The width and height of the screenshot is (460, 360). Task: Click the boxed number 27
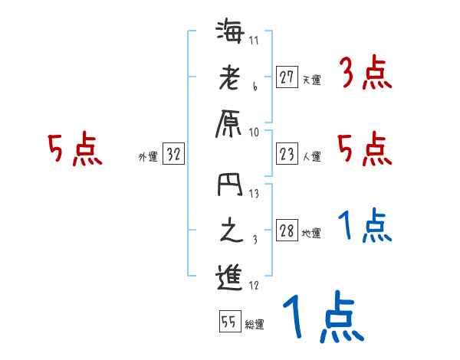287,77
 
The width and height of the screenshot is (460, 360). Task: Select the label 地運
311,234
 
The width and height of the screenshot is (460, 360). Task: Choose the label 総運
255,324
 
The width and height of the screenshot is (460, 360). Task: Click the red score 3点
365,75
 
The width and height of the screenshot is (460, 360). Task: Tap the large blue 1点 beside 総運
322,316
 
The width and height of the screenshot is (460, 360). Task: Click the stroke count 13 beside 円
254,194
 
